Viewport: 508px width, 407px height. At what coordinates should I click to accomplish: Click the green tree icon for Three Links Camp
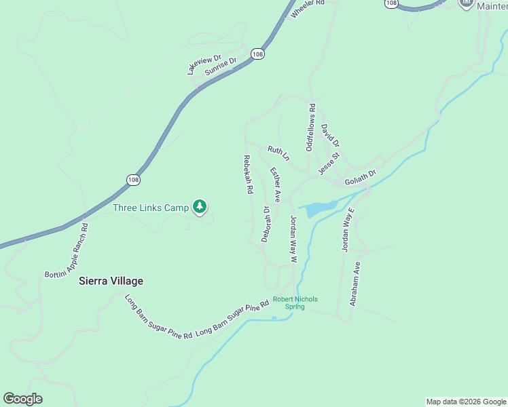199,206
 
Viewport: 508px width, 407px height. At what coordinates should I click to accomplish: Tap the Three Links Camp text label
150,208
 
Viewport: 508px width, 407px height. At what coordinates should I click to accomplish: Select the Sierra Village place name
111,281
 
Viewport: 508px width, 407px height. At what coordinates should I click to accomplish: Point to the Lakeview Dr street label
204,64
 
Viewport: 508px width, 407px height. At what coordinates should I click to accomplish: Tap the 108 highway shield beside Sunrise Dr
257,54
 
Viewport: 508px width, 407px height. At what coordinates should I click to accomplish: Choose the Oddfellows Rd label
311,127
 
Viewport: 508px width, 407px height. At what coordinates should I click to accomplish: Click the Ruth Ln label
278,153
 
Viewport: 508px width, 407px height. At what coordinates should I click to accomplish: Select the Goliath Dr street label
360,178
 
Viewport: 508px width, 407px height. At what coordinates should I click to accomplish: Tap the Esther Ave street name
275,185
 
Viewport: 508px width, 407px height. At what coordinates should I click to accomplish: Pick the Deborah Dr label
266,225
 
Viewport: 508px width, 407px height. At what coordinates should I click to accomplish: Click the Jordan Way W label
294,239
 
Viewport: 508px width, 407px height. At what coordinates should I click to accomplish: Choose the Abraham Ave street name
355,284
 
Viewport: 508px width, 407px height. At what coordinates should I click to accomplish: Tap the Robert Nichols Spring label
295,303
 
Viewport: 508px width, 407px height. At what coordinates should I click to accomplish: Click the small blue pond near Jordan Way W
318,208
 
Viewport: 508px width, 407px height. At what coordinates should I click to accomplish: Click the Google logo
22,399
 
